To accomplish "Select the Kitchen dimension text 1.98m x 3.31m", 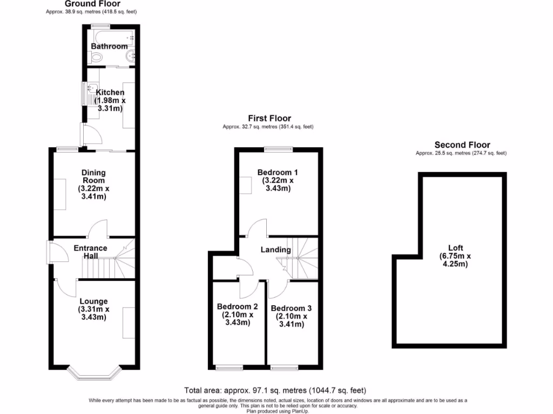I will tap(110, 105).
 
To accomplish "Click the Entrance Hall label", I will tap(90, 252).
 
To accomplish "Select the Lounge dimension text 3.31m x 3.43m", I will tap(93, 313).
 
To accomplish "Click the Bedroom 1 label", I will tap(278, 172).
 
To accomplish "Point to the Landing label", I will tap(275, 250).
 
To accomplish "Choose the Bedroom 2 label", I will tap(238, 307).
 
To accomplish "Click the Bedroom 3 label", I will tap(291, 308).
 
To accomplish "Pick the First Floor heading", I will tap(269, 118).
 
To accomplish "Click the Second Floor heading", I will tap(462, 144).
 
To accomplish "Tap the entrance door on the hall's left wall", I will tap(50, 252).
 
